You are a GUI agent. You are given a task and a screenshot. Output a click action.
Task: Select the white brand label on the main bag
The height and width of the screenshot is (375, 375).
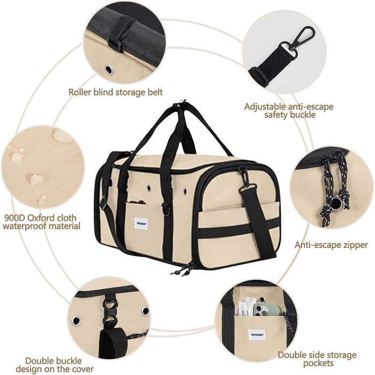[141, 223]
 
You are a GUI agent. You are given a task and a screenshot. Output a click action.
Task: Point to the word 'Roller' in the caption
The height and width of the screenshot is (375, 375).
[80, 92]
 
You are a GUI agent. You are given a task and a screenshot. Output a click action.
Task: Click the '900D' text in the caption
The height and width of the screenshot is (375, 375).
[15, 218]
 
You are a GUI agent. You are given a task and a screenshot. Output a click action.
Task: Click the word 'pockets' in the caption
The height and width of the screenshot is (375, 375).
[318, 363]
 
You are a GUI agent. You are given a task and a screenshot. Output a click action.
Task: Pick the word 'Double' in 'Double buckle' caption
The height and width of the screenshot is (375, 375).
[39, 361]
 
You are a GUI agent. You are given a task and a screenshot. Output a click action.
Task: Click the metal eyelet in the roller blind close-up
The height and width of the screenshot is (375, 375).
[109, 70]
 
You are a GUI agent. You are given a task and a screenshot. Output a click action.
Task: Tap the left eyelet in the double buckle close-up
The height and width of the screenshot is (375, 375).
[76, 320]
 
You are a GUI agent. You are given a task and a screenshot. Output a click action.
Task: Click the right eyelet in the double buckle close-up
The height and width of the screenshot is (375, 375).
[145, 311]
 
